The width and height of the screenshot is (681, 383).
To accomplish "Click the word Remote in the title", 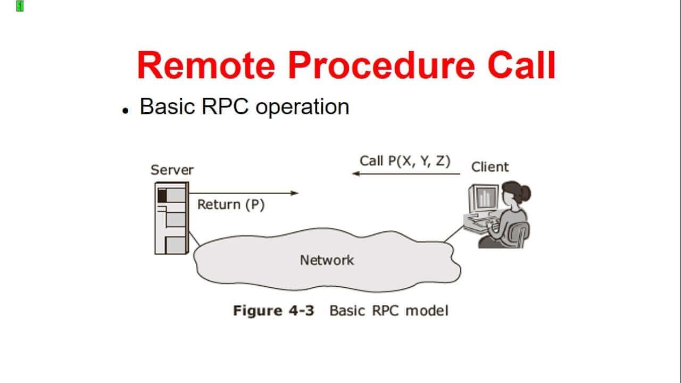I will click(206, 65).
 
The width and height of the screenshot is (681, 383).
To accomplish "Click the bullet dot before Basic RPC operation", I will click(126, 111).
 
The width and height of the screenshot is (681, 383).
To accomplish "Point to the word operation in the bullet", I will click(302, 107).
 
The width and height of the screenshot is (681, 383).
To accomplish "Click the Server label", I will click(172, 170).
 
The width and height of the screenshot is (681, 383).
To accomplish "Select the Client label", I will click(489, 166).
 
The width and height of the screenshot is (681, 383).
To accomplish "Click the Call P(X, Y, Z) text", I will click(405, 161).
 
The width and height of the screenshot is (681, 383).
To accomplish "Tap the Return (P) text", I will click(231, 204).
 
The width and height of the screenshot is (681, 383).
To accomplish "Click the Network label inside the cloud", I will click(327, 260).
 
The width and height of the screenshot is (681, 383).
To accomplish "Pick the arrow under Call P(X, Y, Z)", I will click(405, 173).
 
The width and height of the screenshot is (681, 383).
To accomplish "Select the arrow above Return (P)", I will click(244, 193).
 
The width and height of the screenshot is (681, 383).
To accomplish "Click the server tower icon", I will click(171, 218).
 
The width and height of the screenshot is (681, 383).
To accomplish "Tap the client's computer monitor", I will click(483, 198).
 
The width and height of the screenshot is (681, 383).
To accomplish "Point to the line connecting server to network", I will click(194, 239).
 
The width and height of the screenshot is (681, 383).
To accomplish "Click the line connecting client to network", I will click(453, 234).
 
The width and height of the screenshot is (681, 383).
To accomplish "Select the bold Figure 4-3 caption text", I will click(273, 311).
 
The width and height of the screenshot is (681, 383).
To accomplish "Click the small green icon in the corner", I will click(20, 6).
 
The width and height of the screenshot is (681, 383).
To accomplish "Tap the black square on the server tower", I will click(162, 195).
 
